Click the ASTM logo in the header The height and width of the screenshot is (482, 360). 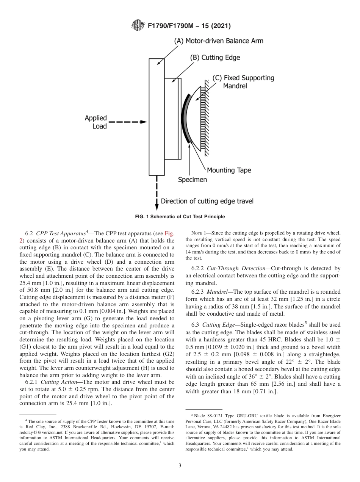(x=137, y=26)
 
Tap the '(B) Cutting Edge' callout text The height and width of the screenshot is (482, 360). (x=215, y=58)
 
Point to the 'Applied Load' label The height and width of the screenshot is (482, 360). (x=96, y=122)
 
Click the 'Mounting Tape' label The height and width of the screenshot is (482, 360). (x=229, y=170)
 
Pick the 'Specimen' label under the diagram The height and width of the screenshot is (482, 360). (x=193, y=180)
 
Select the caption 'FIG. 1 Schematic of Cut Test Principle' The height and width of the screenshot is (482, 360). (x=180, y=217)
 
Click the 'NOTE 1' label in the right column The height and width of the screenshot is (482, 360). (x=199, y=233)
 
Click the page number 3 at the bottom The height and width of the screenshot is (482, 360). (x=180, y=466)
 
